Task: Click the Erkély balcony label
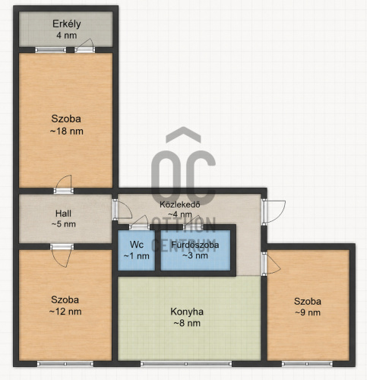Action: click(x=67, y=24)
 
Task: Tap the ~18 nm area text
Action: click(x=67, y=131)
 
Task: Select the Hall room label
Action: click(x=63, y=214)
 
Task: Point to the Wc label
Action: click(x=137, y=245)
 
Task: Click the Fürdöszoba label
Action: click(x=195, y=245)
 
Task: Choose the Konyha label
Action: click(x=187, y=312)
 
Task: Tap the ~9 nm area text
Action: click(x=308, y=312)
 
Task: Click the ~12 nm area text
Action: click(x=65, y=312)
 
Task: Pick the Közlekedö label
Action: click(x=180, y=204)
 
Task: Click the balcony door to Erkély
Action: click(x=85, y=46)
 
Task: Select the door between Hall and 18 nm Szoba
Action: click(x=64, y=185)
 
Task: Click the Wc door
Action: click(x=139, y=223)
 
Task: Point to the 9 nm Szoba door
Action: click(x=271, y=264)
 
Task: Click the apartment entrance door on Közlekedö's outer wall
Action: click(x=274, y=212)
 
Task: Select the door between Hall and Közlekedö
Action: click(x=122, y=210)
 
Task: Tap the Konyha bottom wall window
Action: click(x=186, y=364)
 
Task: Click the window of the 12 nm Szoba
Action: click(x=65, y=364)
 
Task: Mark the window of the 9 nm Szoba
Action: click(x=307, y=364)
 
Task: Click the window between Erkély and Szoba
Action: click(x=51, y=50)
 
